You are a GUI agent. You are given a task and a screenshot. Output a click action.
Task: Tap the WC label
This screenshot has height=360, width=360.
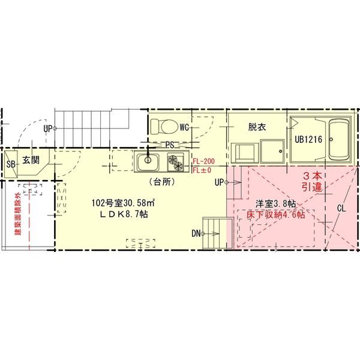184,127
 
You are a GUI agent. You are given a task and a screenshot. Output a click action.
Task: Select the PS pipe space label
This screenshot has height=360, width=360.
170,145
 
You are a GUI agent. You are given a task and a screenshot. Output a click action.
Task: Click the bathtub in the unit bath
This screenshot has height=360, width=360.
338,140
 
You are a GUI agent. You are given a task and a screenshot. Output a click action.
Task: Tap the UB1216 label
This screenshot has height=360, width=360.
308,139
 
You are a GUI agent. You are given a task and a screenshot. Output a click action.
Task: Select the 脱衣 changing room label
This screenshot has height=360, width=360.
257,127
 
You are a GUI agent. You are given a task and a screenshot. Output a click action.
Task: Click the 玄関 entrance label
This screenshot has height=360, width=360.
31,160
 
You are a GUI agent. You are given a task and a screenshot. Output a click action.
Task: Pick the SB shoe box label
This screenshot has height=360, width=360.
11,164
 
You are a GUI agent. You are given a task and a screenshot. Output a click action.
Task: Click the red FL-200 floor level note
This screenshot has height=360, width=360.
203,161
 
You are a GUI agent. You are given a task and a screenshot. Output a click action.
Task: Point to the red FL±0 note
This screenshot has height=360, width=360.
202,170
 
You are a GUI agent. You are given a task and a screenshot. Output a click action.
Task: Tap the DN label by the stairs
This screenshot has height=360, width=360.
196,234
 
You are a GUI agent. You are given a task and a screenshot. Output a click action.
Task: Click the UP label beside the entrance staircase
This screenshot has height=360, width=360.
48,129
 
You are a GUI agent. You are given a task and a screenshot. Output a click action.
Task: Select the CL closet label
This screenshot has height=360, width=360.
341,208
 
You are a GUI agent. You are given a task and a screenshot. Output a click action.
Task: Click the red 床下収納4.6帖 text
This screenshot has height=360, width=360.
276,215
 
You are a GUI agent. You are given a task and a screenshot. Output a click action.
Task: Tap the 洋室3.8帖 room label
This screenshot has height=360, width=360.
276,203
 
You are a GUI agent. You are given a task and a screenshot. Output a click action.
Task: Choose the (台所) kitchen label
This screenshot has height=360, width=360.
163,182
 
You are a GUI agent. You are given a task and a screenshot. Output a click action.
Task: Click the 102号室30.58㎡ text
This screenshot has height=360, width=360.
123,203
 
